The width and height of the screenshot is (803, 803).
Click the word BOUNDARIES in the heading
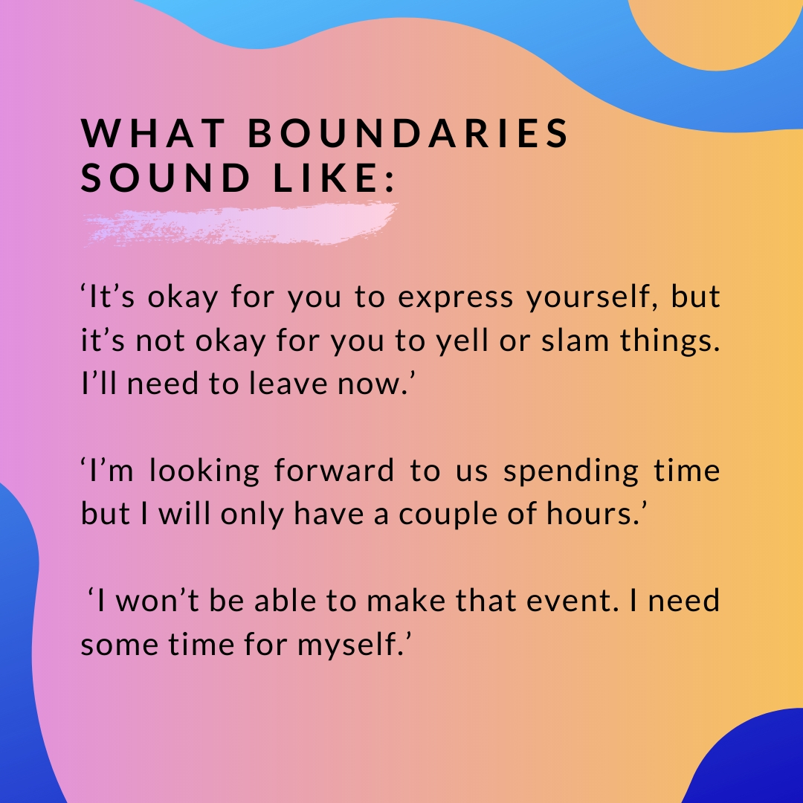pyautogui.click(x=408, y=133)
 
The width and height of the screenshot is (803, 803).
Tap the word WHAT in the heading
pyautogui.click(x=153, y=133)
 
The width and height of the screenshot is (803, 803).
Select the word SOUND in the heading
pyautogui.click(x=165, y=178)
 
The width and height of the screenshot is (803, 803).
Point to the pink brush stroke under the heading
pyautogui.click(x=241, y=225)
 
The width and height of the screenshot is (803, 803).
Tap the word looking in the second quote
pyautogui.click(x=204, y=471)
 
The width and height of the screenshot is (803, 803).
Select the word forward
pyautogui.click(x=334, y=470)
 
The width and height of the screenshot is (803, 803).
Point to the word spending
pyautogui.click(x=571, y=471)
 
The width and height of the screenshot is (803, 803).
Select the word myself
pyautogui.click(x=355, y=644)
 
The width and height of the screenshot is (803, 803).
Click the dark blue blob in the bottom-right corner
pyautogui.click(x=758, y=763)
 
